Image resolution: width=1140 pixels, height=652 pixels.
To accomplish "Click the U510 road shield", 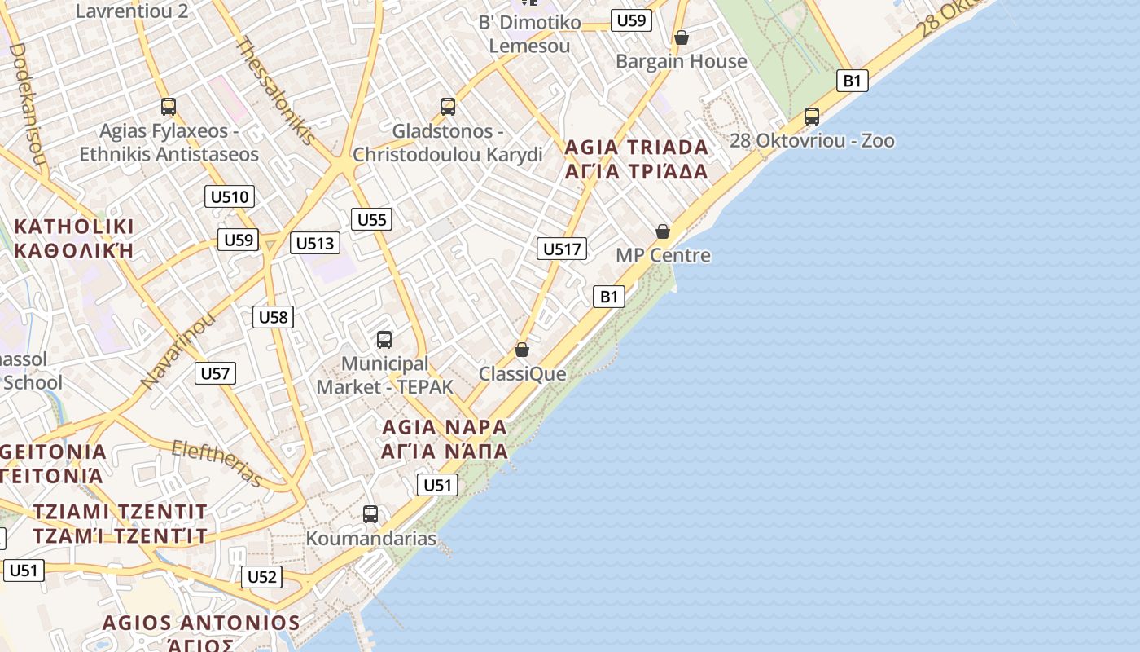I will (x=230, y=196).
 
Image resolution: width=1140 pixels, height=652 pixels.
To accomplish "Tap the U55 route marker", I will (x=371, y=219).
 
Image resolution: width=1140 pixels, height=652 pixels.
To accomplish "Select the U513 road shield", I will (x=314, y=243).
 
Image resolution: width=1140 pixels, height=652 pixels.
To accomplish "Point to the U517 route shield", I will (x=562, y=249).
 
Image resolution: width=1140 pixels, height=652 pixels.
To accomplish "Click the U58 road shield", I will (x=273, y=317).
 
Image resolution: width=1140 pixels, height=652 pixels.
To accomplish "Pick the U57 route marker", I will (x=215, y=373).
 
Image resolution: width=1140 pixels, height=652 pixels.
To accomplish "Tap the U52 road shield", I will (x=261, y=577).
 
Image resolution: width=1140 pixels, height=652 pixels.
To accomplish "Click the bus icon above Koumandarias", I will (x=370, y=514).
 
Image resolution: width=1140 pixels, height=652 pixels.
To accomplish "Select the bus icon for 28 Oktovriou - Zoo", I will (x=812, y=117).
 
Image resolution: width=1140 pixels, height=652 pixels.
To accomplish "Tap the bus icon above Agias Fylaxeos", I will (x=169, y=107).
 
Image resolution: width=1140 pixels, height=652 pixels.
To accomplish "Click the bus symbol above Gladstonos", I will (x=447, y=107).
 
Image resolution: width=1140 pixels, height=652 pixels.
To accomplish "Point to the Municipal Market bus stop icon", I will (x=384, y=340).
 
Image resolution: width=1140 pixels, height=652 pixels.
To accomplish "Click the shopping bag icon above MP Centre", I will (x=663, y=231).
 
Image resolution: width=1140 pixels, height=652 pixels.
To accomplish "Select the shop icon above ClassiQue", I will (x=522, y=350).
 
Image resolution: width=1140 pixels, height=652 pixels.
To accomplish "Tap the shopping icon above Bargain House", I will (x=682, y=37).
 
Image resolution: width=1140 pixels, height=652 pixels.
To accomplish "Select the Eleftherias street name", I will (x=217, y=462).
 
